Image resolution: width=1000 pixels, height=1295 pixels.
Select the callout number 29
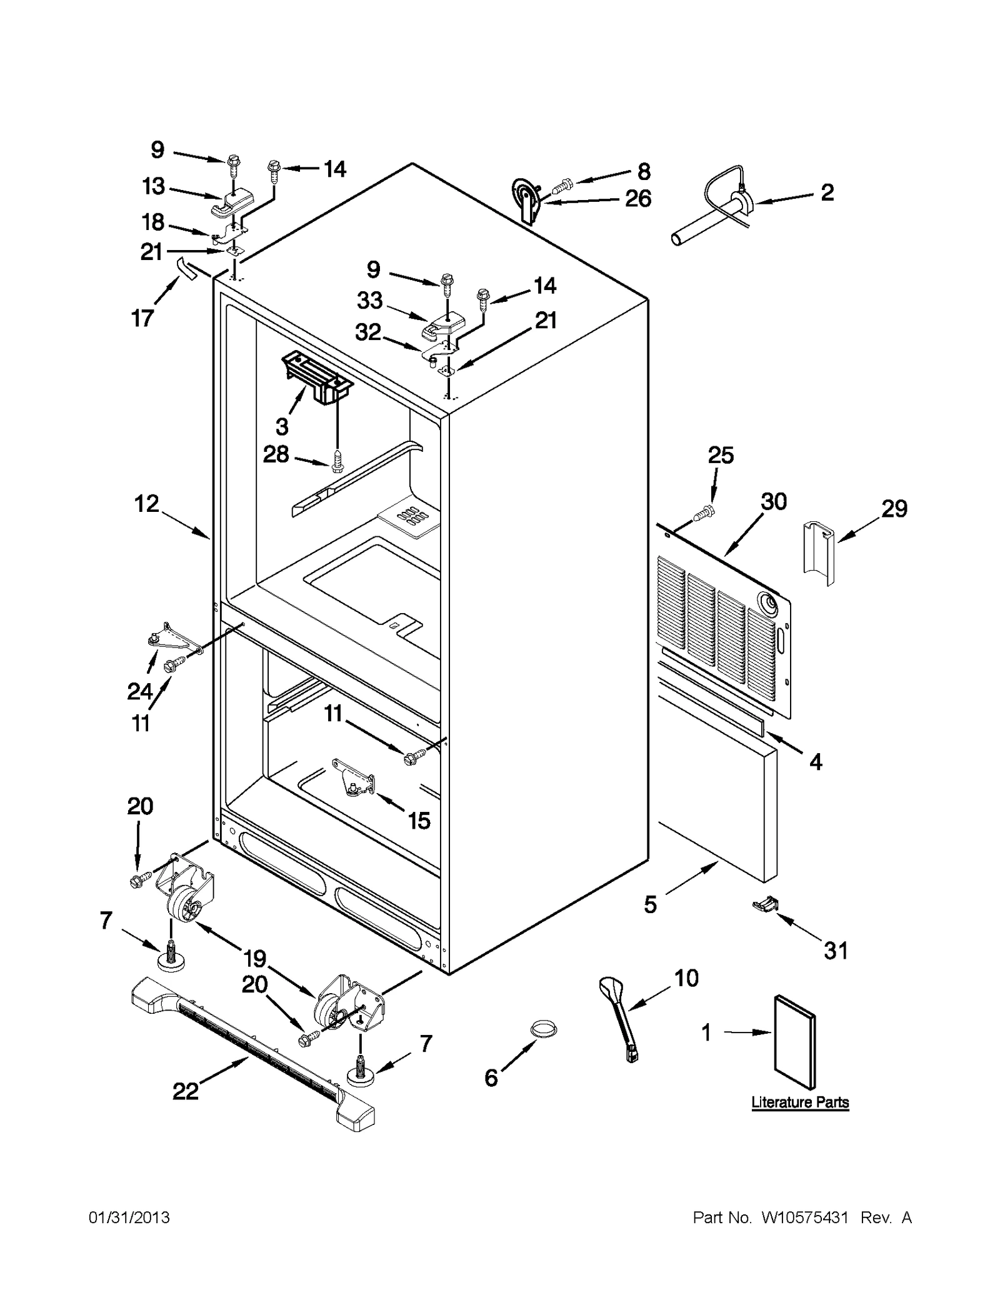tap(894, 509)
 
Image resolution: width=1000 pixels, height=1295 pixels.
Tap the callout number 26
tap(638, 199)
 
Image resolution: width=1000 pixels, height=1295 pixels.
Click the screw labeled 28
tap(337, 461)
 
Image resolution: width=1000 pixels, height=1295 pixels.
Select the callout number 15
tap(419, 821)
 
